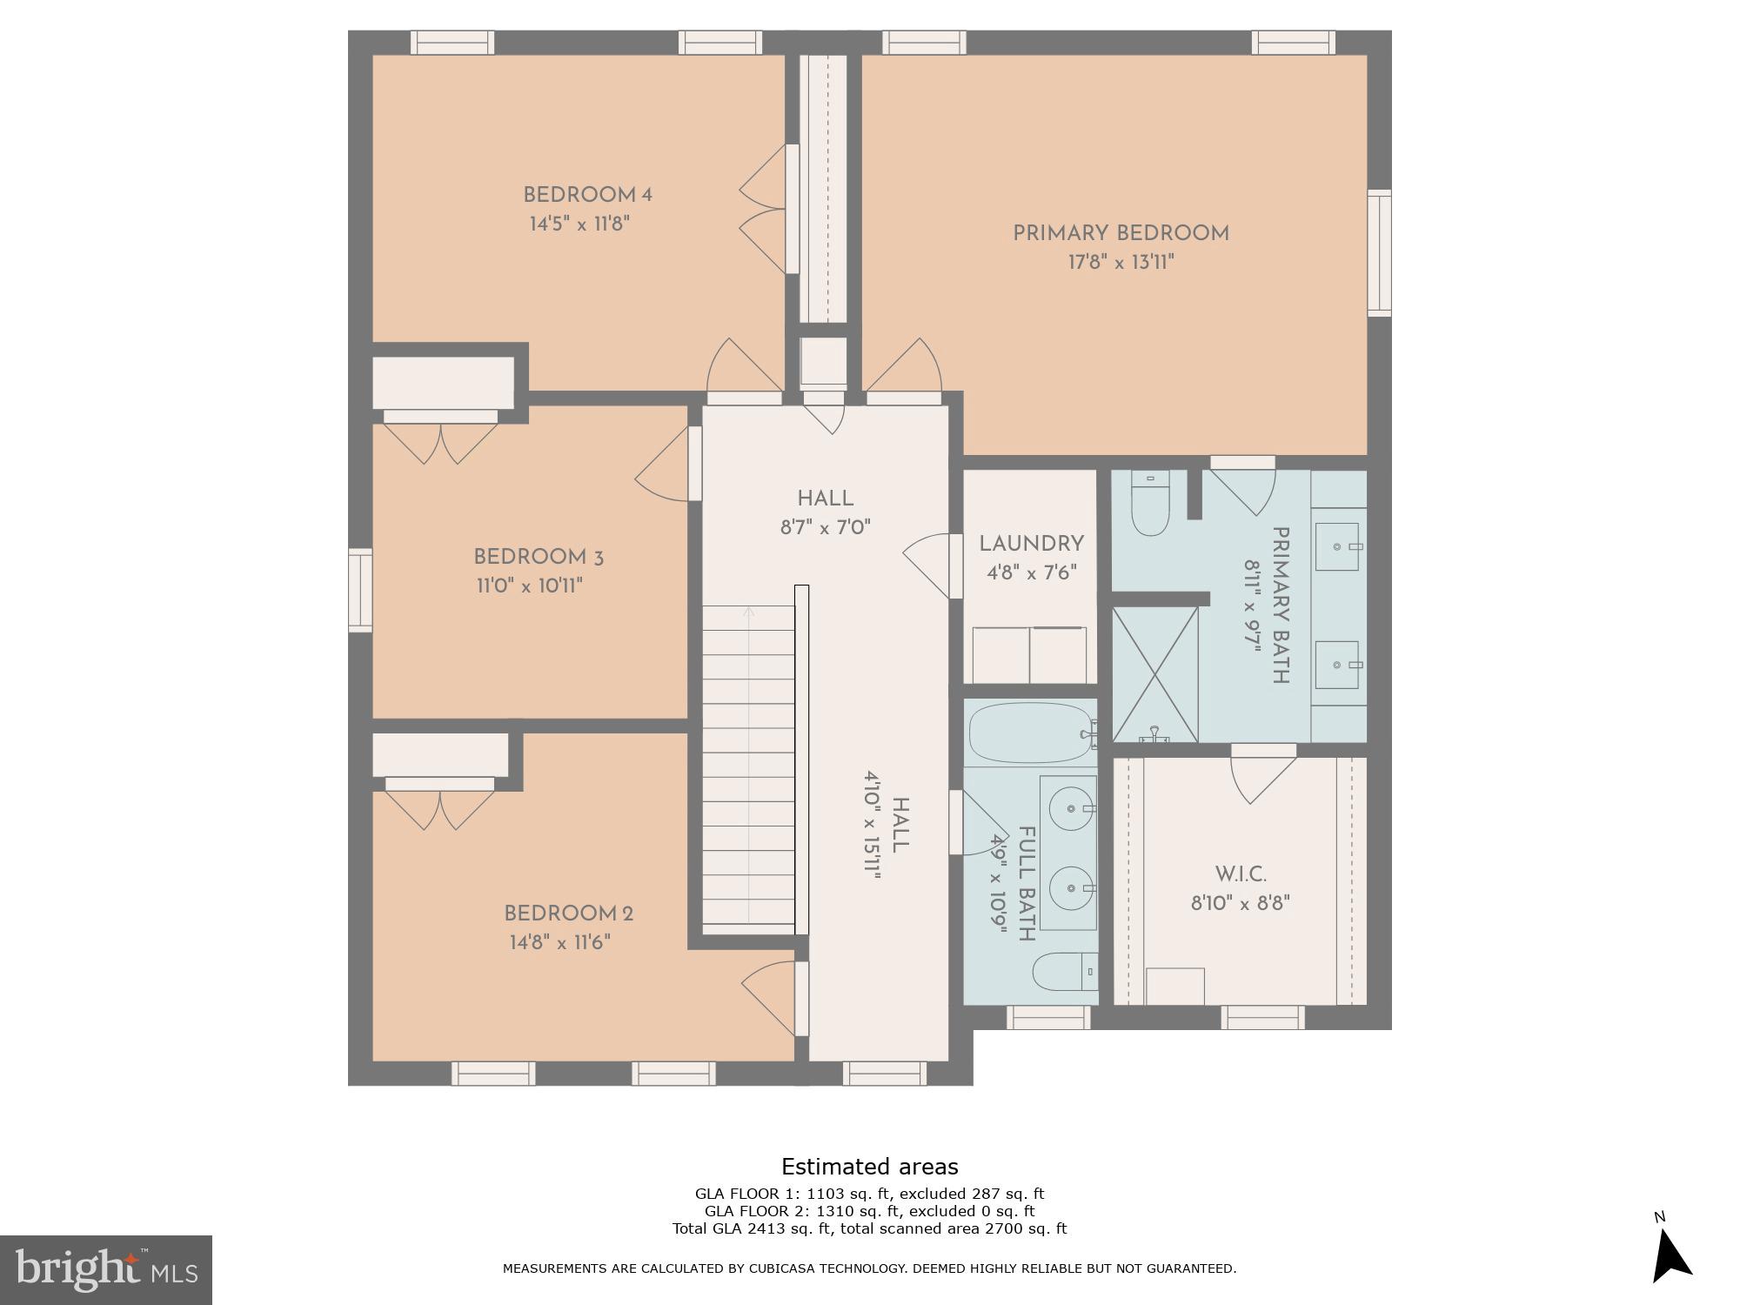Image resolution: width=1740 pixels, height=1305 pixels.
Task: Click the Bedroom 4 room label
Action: (587, 195)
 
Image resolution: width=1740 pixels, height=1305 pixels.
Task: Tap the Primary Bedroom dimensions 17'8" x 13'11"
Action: (1121, 263)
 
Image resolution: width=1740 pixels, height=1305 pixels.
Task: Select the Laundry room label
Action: (1031, 545)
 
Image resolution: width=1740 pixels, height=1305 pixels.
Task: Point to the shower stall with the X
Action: (1155, 674)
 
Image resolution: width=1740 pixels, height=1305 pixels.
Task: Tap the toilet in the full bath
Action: (1063, 971)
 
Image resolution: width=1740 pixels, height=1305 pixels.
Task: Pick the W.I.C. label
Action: (1240, 874)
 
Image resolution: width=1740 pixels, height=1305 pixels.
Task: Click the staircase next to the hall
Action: (748, 766)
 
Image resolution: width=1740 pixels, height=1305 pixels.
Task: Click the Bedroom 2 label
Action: (568, 914)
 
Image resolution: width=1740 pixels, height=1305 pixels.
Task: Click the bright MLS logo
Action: (106, 1269)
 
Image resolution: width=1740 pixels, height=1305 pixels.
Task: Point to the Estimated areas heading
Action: (869, 1167)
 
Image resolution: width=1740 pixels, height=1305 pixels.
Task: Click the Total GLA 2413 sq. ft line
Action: (869, 1228)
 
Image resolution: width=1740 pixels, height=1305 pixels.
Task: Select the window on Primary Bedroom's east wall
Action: (1379, 252)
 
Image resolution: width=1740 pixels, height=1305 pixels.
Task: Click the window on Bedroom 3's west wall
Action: (360, 590)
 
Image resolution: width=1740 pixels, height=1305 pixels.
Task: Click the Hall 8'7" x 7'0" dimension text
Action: (825, 527)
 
